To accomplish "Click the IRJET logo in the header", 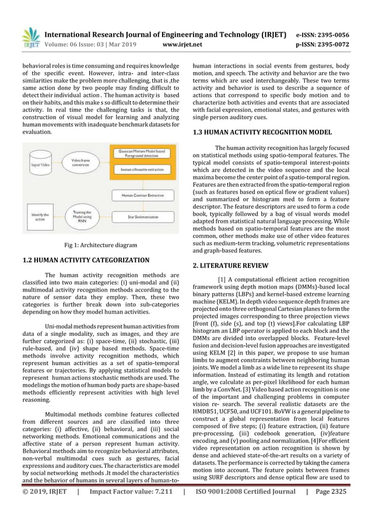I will click(x=30, y=37).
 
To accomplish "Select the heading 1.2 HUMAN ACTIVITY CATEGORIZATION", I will click(x=86, y=260).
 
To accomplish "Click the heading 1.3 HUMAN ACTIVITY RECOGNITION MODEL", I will click(x=262, y=132).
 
